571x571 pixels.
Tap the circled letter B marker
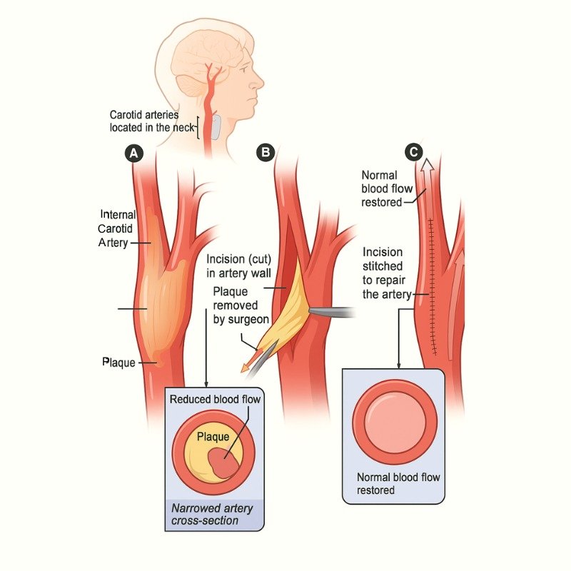point(266,151)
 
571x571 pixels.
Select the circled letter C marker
point(413,151)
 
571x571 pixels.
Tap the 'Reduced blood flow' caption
point(215,400)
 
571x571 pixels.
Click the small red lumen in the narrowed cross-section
point(226,460)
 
